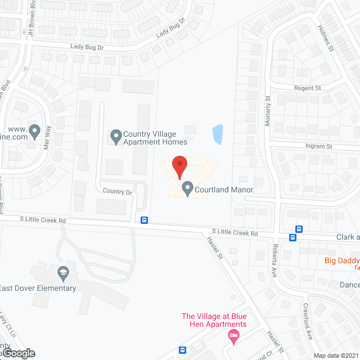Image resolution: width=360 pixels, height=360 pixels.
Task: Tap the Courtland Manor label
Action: pyautogui.click(x=224, y=190)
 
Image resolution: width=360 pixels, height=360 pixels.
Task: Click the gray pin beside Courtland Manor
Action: pyautogui.click(x=187, y=189)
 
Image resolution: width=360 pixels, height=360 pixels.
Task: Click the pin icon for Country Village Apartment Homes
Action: pyautogui.click(x=116, y=136)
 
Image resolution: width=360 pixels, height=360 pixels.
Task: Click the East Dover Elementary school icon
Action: pyautogui.click(x=63, y=274)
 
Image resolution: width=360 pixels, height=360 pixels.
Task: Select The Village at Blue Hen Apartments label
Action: pyautogui.click(x=214, y=320)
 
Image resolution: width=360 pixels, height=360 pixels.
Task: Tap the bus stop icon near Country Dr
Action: pyautogui.click(x=145, y=220)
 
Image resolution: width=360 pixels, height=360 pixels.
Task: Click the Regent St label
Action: pyautogui.click(x=307, y=88)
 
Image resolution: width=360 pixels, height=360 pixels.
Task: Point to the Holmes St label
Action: pyautogui.click(x=326, y=38)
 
